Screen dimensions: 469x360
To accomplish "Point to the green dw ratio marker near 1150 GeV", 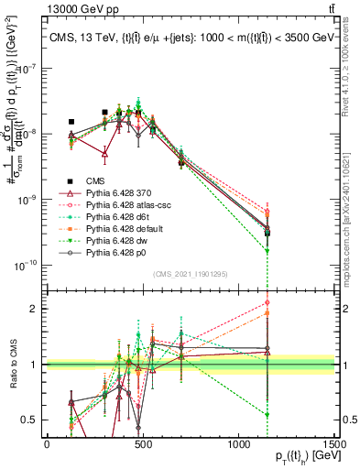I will pos(267,415).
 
